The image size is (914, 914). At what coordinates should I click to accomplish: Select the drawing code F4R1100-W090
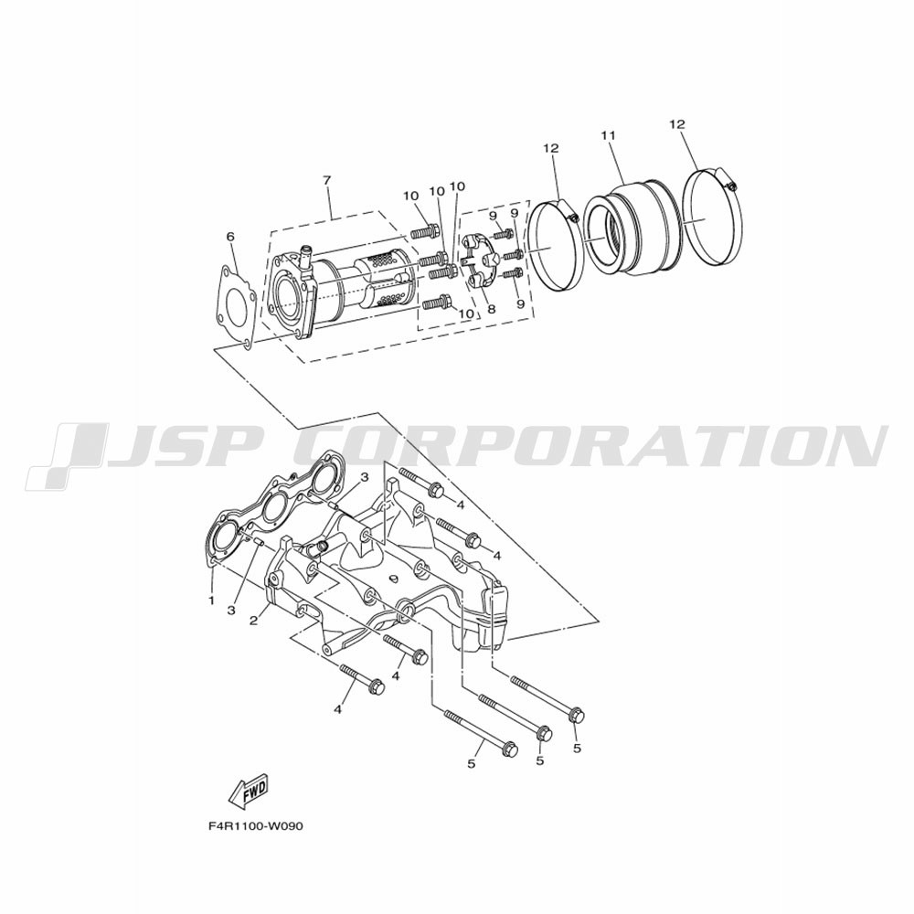(255, 826)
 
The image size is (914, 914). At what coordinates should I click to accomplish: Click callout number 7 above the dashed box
(326, 180)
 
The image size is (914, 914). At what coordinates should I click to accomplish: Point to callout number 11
(608, 135)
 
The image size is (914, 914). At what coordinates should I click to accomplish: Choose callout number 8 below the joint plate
(492, 310)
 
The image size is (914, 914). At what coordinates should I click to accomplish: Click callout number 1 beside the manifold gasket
(212, 600)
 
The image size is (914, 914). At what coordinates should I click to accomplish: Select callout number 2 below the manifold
(253, 622)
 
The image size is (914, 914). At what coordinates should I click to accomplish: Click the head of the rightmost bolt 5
(576, 715)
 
